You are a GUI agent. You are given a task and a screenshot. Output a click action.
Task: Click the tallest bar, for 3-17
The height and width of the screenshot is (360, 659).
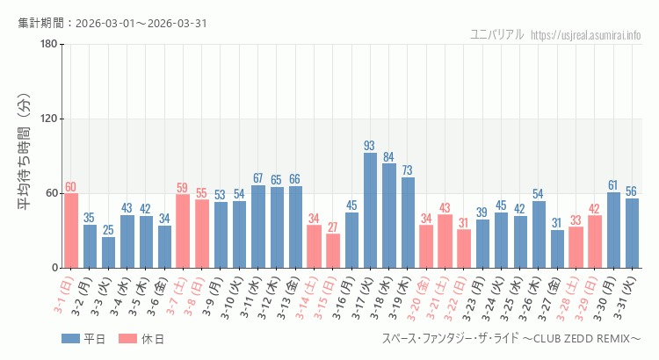[x=370, y=211]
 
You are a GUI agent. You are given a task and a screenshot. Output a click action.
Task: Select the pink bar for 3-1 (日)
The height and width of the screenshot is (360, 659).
[x=71, y=230]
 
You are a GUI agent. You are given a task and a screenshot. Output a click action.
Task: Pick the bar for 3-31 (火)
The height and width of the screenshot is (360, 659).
[x=632, y=233]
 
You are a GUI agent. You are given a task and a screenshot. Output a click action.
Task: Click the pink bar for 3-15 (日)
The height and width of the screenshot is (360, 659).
[x=333, y=250]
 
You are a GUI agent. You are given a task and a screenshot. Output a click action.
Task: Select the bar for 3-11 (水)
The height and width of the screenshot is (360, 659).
[x=258, y=227]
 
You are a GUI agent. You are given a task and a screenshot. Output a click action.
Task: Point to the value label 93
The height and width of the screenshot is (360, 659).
[x=370, y=146]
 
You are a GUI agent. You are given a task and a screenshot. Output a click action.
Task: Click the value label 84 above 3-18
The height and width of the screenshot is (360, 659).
[x=388, y=157]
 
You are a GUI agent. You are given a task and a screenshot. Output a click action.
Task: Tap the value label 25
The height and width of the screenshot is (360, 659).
[x=108, y=230]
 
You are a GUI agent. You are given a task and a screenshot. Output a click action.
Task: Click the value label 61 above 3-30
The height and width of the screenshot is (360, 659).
[x=613, y=185]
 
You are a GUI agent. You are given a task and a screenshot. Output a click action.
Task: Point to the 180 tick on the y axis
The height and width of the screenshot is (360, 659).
[x=48, y=45]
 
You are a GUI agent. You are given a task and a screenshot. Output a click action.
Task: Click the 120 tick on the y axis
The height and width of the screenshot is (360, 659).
[x=48, y=119]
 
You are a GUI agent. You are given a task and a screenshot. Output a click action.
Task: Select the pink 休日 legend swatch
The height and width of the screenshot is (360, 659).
[x=127, y=338]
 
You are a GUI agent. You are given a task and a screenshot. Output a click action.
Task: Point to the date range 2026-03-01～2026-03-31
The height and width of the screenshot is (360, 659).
[x=141, y=23]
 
